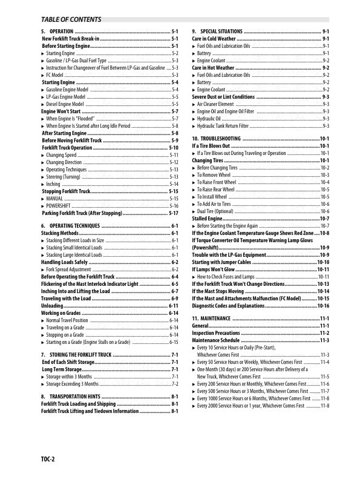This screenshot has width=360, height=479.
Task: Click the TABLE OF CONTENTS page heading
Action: coord(71,19)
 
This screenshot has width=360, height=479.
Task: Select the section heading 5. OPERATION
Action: coord(57,31)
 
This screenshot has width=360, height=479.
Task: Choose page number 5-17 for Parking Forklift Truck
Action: coord(172,213)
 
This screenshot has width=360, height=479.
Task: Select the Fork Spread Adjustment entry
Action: coord(68,269)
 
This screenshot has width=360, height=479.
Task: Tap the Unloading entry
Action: coord(52,306)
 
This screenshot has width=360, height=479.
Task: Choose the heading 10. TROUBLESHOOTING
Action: coord(220,139)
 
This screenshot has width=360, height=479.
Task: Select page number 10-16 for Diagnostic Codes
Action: coord(323,306)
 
